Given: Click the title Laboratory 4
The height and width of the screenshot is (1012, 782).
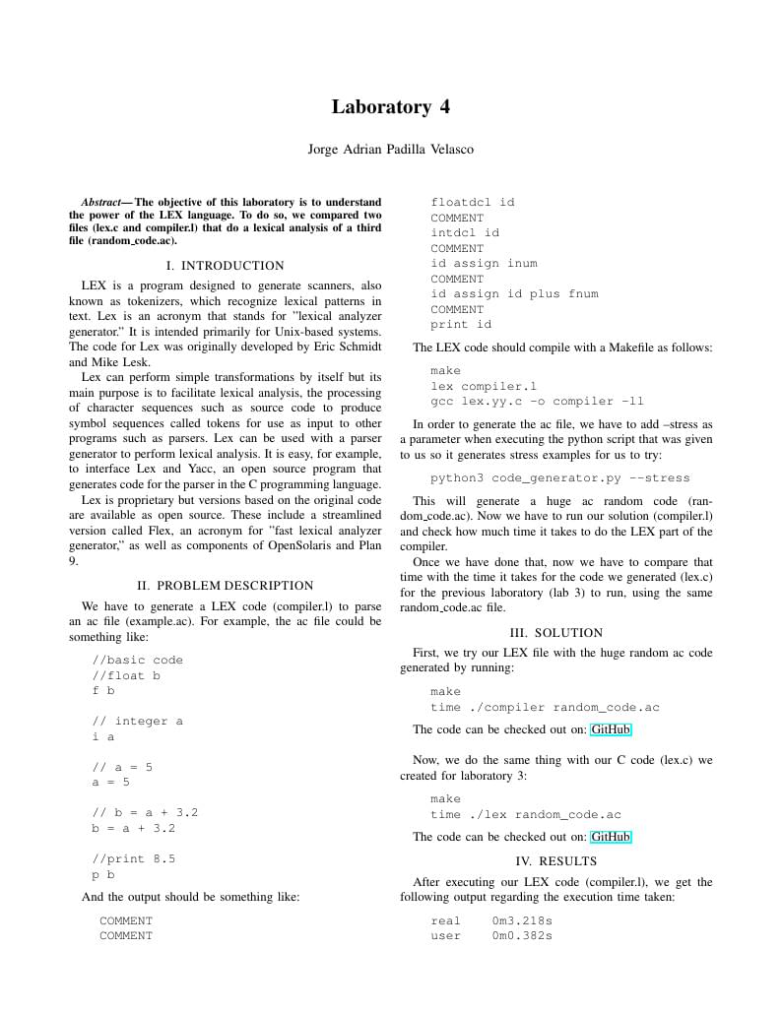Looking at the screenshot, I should pyautogui.click(x=391, y=107).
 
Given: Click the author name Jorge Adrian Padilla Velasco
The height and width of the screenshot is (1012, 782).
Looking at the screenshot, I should pyautogui.click(x=391, y=150).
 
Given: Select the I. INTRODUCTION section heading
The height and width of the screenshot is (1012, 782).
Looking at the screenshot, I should pyautogui.click(x=225, y=266).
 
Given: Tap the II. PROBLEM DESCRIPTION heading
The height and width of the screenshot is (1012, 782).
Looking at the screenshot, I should pyautogui.click(x=225, y=586).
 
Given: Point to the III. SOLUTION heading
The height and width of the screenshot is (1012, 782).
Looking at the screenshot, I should pyautogui.click(x=555, y=633).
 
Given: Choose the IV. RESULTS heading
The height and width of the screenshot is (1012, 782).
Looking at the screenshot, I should pyautogui.click(x=555, y=861).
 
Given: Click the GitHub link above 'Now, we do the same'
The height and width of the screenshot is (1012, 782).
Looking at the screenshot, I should pyautogui.click(x=611, y=729).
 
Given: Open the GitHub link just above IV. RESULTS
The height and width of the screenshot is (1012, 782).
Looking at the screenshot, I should pyautogui.click(x=611, y=837).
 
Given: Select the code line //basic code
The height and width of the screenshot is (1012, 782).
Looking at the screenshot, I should pyautogui.click(x=137, y=661).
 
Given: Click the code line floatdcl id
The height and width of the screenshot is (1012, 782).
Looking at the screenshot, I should pyautogui.click(x=473, y=203).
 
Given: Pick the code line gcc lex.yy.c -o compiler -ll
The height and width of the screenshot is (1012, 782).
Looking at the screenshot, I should pyautogui.click(x=537, y=402).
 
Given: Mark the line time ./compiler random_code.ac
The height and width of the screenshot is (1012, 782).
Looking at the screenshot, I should pyautogui.click(x=545, y=708).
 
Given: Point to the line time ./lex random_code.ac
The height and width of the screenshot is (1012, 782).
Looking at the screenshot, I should pyautogui.click(x=526, y=815).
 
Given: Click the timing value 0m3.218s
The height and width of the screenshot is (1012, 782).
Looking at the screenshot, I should pyautogui.click(x=522, y=921).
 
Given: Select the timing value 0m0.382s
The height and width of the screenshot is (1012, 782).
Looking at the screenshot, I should pyautogui.click(x=522, y=936).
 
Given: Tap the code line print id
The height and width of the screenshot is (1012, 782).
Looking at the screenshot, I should pyautogui.click(x=461, y=325).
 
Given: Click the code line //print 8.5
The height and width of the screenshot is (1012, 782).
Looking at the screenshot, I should pyautogui.click(x=133, y=859).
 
